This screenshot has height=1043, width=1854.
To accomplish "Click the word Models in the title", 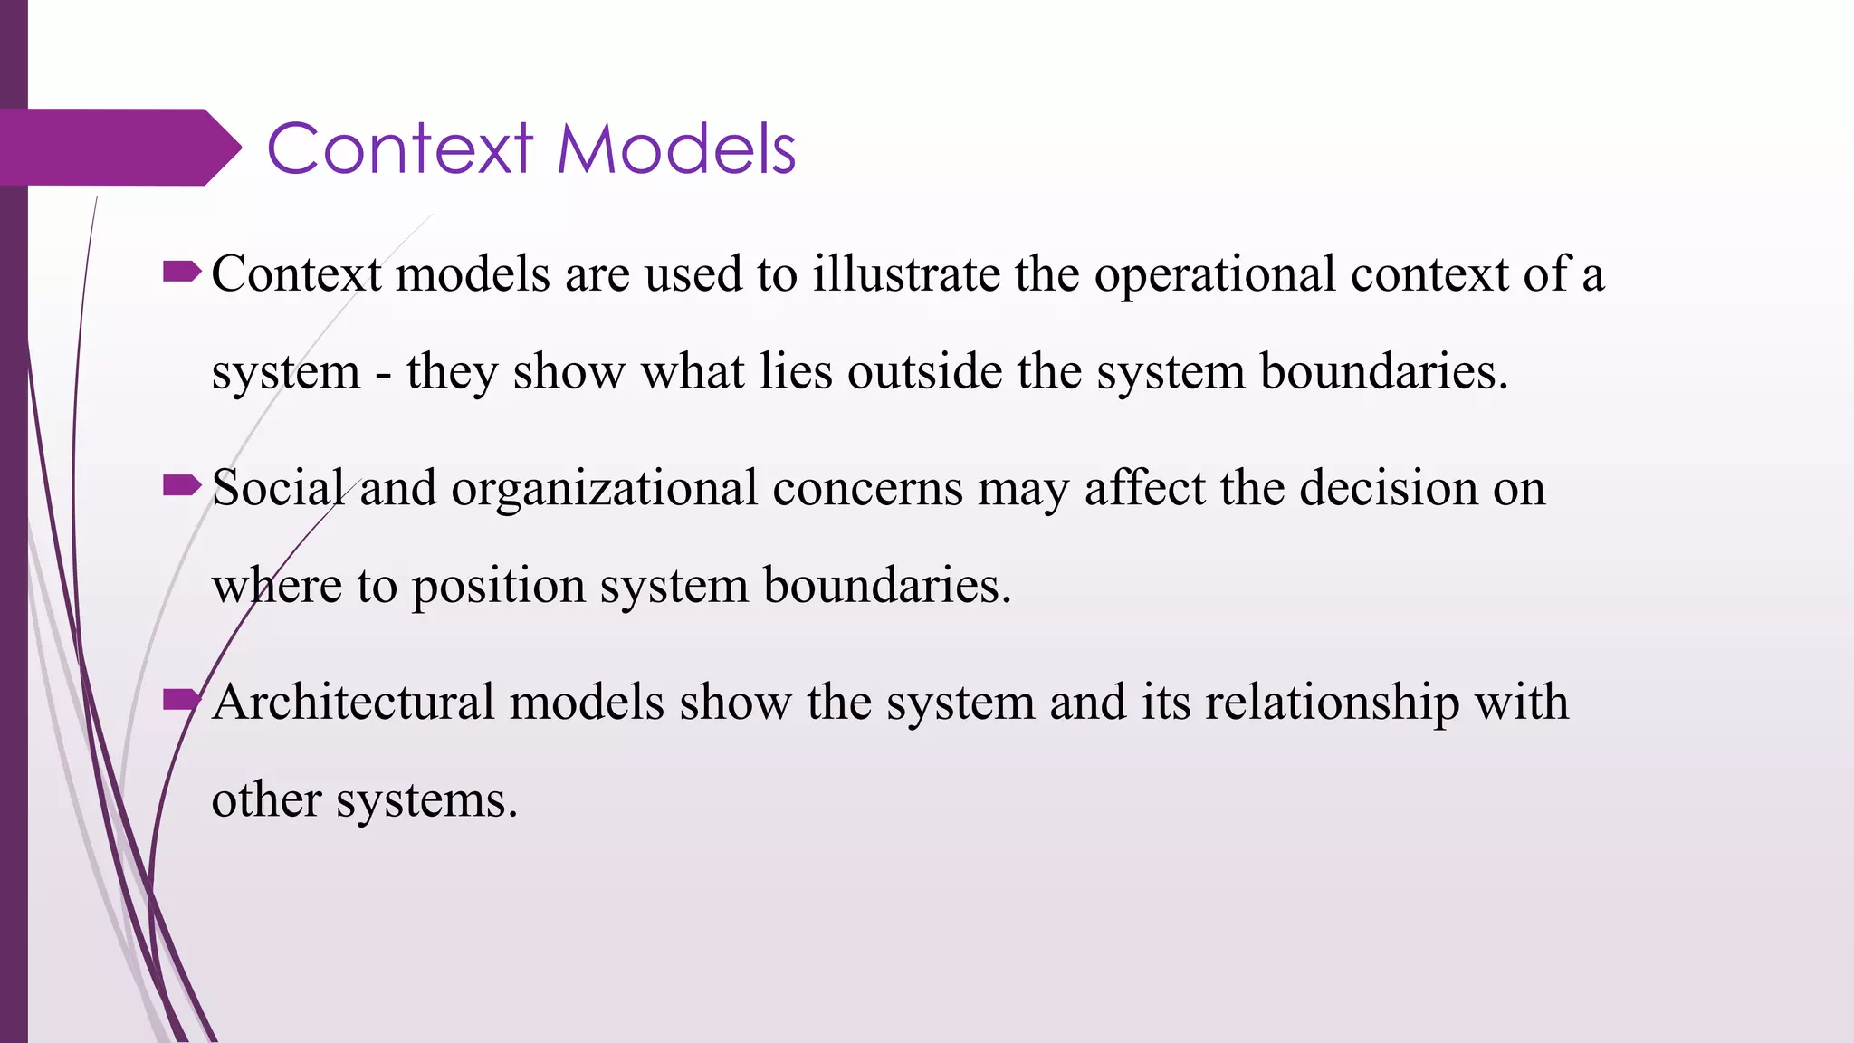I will (675, 148).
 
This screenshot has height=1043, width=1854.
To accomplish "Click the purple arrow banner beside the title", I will (118, 148).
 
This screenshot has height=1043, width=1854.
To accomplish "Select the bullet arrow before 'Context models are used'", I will (181, 272).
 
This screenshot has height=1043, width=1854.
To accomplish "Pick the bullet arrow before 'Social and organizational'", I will (181, 486).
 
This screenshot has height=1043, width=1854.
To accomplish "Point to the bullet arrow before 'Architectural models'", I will (181, 700).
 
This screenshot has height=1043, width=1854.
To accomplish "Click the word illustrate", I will (905, 273).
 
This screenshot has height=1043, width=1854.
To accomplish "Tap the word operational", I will (1214, 273).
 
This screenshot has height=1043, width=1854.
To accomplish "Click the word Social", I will (278, 488).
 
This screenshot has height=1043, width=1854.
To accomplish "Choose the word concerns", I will (867, 488).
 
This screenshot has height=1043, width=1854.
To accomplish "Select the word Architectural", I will (353, 702).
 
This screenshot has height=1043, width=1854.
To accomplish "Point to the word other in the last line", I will (266, 799).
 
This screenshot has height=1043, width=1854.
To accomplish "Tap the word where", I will (276, 586).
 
